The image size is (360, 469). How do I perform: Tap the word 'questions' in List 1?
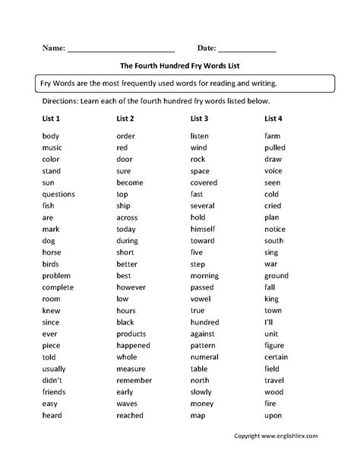[x=58, y=194]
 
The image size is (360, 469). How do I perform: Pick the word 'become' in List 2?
[x=129, y=182]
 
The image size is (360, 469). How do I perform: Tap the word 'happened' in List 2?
[x=134, y=346]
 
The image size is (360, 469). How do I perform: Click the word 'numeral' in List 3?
[x=204, y=357]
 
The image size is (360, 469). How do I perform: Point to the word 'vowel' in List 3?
[x=200, y=299]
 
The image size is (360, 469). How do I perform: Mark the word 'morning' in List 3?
[x=204, y=275]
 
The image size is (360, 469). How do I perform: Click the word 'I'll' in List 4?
[x=270, y=322]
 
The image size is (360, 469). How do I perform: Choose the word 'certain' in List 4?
[x=276, y=357]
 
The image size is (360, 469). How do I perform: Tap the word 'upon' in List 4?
[x=273, y=416]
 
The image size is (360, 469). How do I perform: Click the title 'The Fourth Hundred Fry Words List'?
[x=180, y=65]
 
